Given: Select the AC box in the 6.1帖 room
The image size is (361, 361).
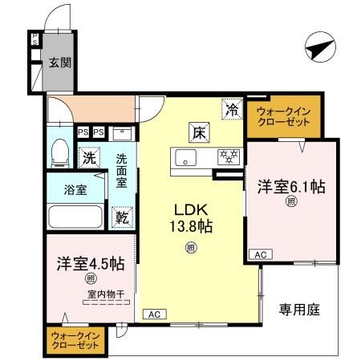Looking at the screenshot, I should pos(259,254).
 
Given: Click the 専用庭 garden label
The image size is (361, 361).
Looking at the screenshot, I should pos(300,309).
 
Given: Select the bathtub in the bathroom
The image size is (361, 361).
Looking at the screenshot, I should pos(76,217).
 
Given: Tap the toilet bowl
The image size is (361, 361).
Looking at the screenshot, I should pos(59,151).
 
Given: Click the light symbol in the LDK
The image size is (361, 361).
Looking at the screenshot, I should pos(190,247).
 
